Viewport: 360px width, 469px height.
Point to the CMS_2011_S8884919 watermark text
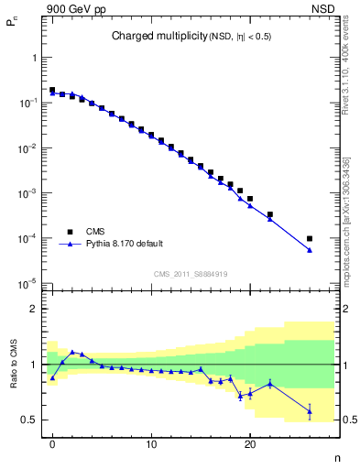click(191, 274)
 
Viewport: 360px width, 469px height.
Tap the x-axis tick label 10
click(151, 445)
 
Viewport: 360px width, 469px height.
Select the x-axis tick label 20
click(249, 445)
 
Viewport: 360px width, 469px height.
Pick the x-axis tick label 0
click(53, 445)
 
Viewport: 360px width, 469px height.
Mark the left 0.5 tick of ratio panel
click(34, 420)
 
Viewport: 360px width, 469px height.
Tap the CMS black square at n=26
click(310, 238)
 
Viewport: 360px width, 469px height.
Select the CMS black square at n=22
click(270, 214)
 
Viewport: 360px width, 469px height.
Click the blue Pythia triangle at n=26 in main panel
click(310, 250)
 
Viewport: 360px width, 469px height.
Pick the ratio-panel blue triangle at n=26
click(310, 411)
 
